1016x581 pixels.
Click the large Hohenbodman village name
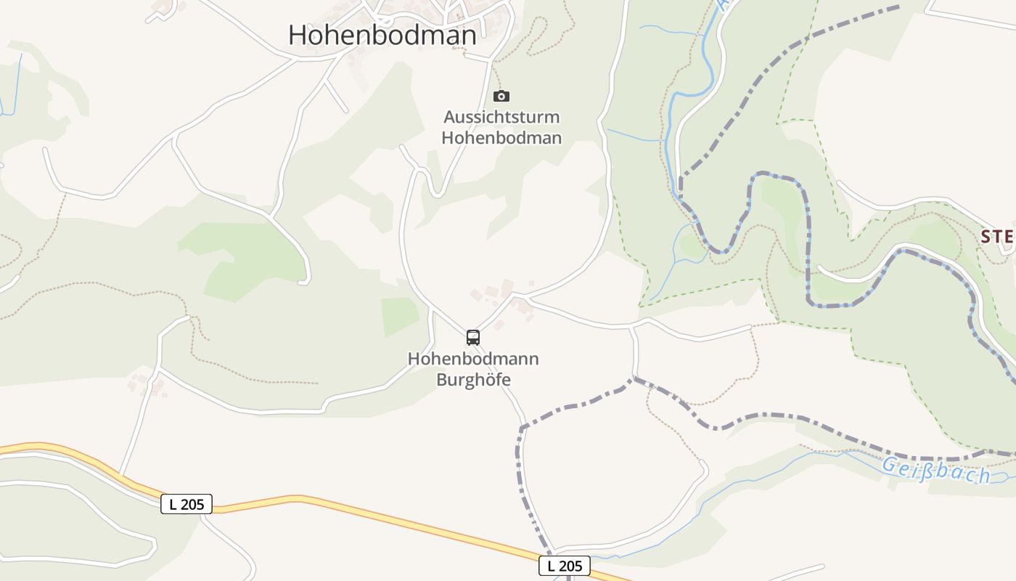coord(382,35)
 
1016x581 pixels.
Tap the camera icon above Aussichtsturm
coord(501,96)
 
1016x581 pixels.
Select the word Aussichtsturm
coord(501,117)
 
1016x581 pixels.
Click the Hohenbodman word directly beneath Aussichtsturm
coord(501,137)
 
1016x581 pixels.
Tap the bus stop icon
coord(473,337)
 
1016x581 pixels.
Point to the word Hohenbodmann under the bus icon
coord(473,359)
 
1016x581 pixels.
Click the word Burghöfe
coord(473,379)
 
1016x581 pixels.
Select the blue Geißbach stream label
coord(936,470)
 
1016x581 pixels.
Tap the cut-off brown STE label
coord(997,237)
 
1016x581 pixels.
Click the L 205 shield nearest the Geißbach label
coord(564,566)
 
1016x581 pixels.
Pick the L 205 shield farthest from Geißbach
coord(186,503)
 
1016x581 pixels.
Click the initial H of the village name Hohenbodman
coord(298,35)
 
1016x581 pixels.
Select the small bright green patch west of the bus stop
coord(400,316)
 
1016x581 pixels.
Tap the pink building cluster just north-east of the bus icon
coord(501,290)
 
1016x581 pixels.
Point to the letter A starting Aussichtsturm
coord(449,117)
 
